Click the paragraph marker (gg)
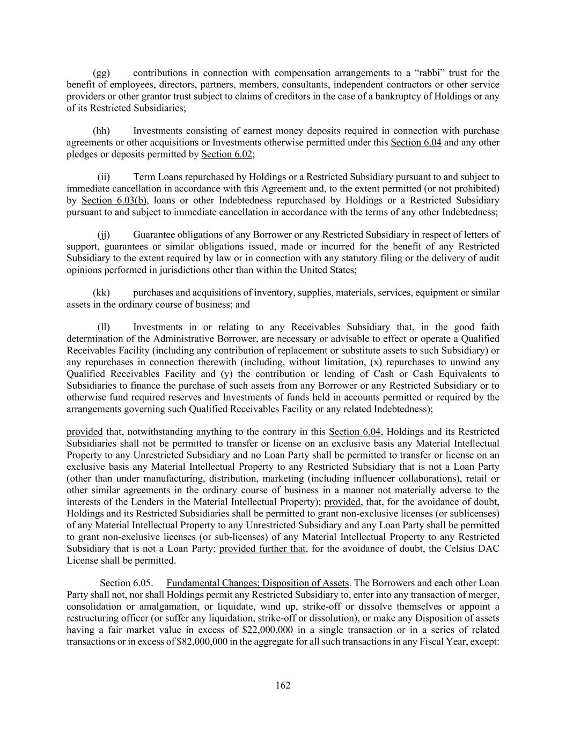[x=101, y=73]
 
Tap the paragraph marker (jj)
[x=104, y=235]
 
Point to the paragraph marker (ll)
[x=104, y=327]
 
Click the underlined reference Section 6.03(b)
[x=114, y=201]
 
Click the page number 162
[x=283, y=685]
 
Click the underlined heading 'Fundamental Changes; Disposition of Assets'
[x=258, y=583]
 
